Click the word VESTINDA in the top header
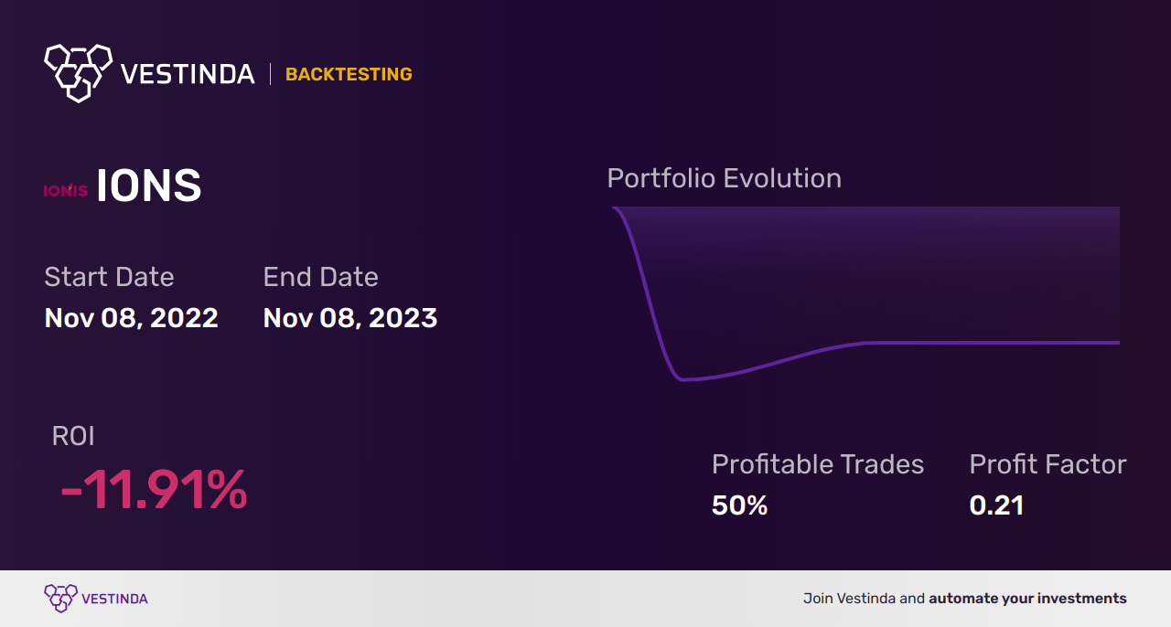[x=188, y=74]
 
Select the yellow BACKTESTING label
[x=349, y=75]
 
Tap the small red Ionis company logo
[x=66, y=190]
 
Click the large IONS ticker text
[x=149, y=187]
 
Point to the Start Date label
[x=109, y=277]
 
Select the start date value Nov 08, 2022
[x=131, y=318]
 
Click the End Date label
[x=320, y=277]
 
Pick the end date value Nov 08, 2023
[x=349, y=318]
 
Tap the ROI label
[x=73, y=436]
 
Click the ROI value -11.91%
[x=154, y=490]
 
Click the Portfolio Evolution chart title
[x=724, y=178]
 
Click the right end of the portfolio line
[x=1117, y=343]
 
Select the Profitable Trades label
[x=817, y=464]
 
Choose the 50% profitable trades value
[x=739, y=505]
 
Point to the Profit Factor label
[x=1047, y=464]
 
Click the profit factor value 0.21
[x=996, y=505]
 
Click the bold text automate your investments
[x=1027, y=599]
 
